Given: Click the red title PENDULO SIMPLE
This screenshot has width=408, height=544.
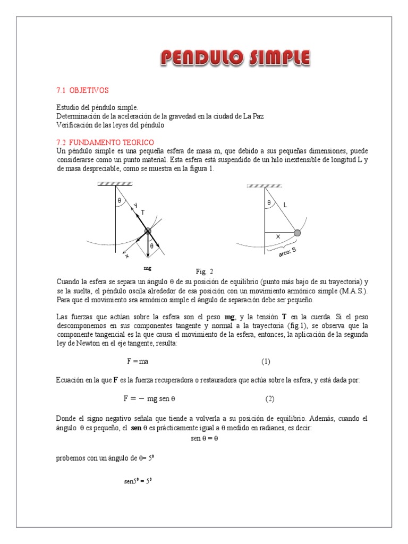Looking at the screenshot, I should click(235, 58).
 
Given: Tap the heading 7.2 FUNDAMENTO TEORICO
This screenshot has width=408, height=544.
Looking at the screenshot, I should click(105, 142).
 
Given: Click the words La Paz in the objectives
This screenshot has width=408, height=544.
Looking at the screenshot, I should click(253, 116).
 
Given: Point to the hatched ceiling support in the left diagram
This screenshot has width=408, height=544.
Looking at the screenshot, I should click(115, 183).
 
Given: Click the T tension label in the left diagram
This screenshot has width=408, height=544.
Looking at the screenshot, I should click(142, 212).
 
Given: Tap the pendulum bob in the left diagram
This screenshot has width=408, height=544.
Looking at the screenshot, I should click(148, 231).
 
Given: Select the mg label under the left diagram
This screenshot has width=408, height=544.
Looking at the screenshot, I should click(148, 268).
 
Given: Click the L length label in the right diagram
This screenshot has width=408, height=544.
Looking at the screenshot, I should click(285, 204).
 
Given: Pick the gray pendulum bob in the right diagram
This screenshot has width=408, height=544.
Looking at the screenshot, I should click(297, 233).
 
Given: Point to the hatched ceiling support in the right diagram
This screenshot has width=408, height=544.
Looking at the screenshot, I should click(264, 186).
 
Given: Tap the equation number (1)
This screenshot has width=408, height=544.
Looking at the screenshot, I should click(266, 361).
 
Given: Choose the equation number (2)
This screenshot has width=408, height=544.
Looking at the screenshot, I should click(270, 398).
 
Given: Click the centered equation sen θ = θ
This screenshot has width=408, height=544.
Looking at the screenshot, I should click(204, 438).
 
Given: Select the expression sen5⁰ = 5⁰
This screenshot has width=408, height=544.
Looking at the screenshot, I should click(138, 481).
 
